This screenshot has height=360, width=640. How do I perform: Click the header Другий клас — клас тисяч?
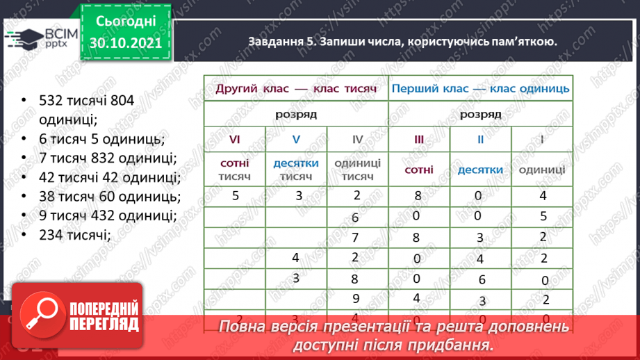pyautogui.click(x=295, y=89)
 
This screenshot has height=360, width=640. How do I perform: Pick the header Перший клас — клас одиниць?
pyautogui.click(x=480, y=89)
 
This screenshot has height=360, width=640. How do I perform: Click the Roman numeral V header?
pyautogui.click(x=295, y=140)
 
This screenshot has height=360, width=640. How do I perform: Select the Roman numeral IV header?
pyautogui.click(x=357, y=140)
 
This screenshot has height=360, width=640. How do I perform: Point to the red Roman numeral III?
pyautogui.click(x=418, y=140)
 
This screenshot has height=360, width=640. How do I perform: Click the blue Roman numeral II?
pyautogui.click(x=479, y=140)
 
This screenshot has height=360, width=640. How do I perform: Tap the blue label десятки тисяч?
pyautogui.click(x=295, y=170)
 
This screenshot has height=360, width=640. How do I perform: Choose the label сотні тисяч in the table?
pyautogui.click(x=234, y=170)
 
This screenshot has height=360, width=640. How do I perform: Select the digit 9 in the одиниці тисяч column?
pyautogui.click(x=354, y=300)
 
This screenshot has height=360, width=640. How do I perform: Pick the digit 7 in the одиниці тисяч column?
pyautogui.click(x=354, y=238)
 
